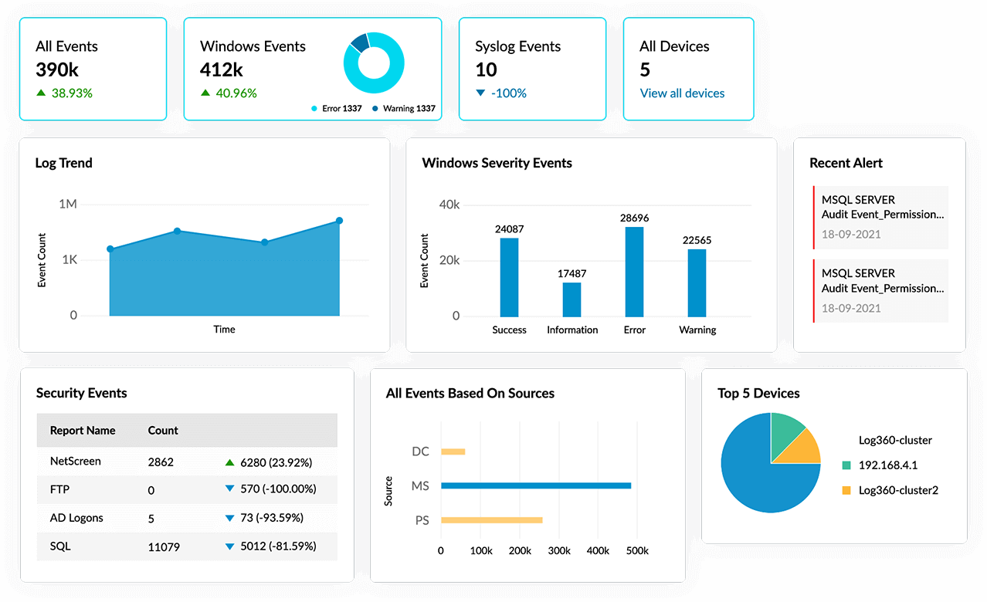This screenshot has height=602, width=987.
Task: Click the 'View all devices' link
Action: tap(682, 93)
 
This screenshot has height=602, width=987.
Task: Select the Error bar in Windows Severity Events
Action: tap(634, 272)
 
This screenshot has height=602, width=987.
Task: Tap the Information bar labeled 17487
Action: tap(572, 299)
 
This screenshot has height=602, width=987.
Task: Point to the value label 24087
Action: tap(510, 228)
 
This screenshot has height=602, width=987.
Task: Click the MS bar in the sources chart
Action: tap(536, 485)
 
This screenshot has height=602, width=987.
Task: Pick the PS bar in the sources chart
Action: tap(491, 520)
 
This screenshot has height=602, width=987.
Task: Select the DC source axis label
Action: tap(420, 451)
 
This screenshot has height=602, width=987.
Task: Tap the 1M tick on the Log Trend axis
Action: tap(68, 205)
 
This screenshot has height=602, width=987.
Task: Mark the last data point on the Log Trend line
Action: tap(339, 221)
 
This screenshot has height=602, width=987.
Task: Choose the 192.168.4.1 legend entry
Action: tap(887, 465)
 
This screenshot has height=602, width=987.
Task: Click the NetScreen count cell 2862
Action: tap(161, 462)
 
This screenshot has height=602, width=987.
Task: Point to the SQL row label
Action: tap(60, 546)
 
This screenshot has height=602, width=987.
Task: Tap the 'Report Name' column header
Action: tap(83, 431)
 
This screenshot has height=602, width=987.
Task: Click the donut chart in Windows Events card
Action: tap(374, 63)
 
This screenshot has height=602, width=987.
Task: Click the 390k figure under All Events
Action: tap(57, 69)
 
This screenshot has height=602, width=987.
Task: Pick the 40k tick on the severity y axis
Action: tap(449, 205)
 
